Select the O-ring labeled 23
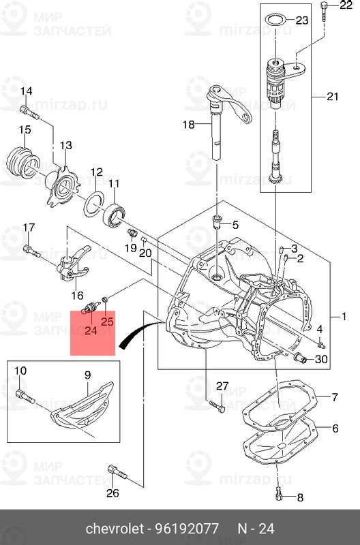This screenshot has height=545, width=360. pos(274,18)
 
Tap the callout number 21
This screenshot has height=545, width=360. pos(332,96)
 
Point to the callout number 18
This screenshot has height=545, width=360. pos(188,124)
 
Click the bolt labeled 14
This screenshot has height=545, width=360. pos(25,110)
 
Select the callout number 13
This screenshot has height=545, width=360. pos(65,145)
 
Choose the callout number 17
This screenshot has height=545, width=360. pos(29,228)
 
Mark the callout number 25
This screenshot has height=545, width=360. pos(108,321)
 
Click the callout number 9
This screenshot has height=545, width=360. pos(87,375)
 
